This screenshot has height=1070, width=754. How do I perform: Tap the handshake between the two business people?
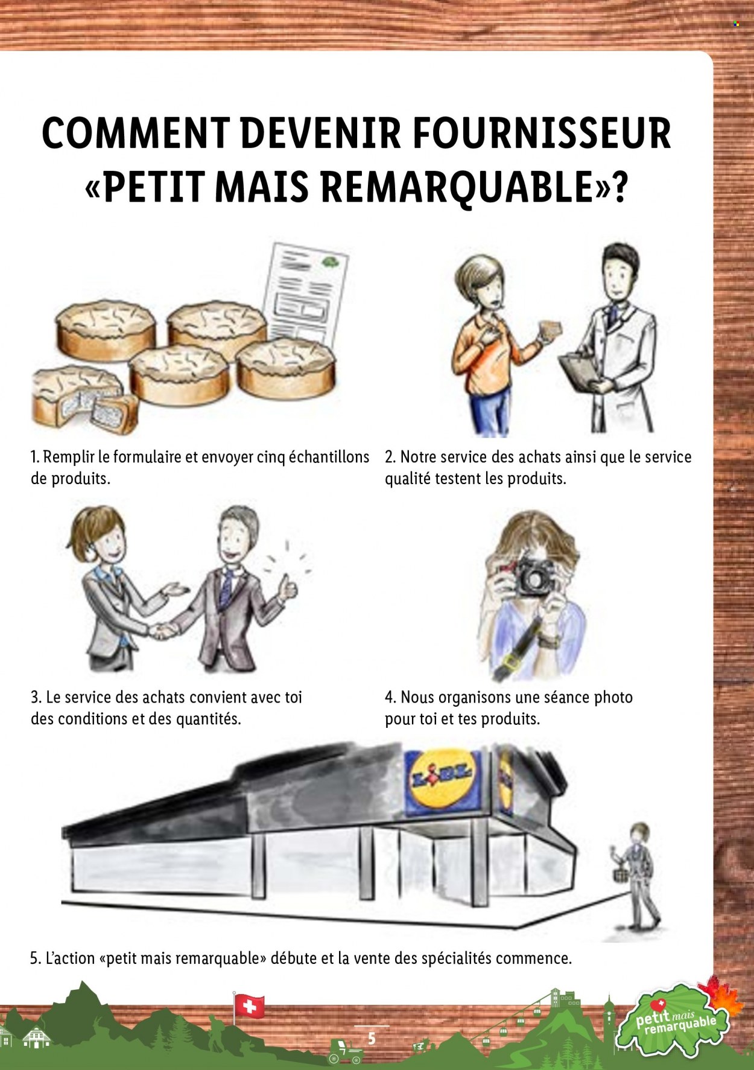(162, 631)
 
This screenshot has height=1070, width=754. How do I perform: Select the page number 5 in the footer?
(372, 1038)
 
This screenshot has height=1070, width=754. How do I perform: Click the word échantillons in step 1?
(329, 457)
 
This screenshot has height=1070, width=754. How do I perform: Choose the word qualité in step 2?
(408, 479)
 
